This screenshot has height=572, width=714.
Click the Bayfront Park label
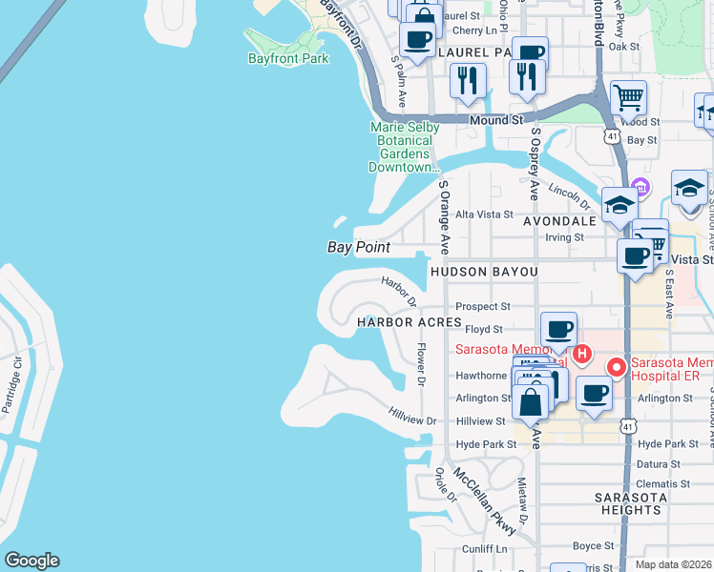pos(287,58)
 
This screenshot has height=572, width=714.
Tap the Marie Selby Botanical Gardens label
pos(405,147)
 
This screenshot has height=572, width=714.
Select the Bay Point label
pos(359,247)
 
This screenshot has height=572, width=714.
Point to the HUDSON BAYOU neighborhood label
pos(484,272)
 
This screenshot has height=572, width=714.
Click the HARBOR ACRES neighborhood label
pos(409,322)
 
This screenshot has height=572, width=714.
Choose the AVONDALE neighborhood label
pos(559,220)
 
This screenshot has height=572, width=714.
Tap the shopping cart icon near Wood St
pos(628,97)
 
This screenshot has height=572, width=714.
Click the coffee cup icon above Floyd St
pos(559,330)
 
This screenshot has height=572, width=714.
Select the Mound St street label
pos(497,121)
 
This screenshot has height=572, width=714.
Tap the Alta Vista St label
pos(484,214)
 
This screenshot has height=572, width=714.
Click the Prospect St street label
pos(484,307)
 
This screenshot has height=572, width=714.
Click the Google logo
pos(31,561)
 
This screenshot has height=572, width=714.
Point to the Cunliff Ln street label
pos(485,548)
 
